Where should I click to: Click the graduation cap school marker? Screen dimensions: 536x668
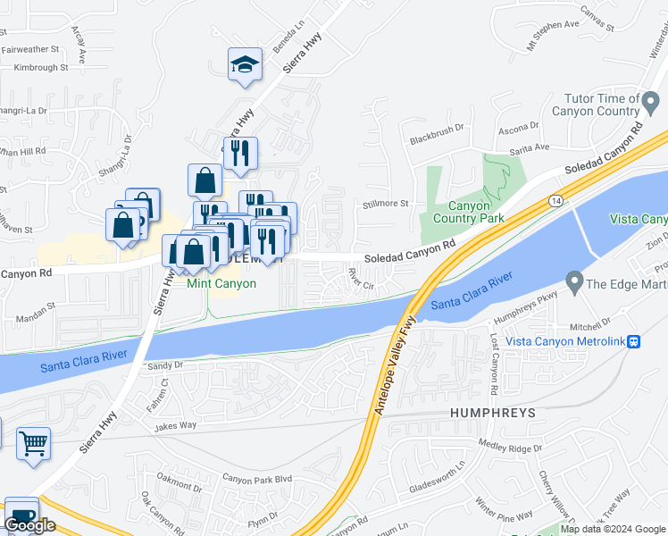coord(245,64)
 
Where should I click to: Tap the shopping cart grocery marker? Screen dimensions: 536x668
coord(33,443)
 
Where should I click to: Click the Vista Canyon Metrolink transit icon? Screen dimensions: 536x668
coord(634,341)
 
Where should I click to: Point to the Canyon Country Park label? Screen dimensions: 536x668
coord(468,212)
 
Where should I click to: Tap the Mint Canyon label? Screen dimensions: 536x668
coord(221,284)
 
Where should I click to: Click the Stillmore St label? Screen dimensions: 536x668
coord(385,204)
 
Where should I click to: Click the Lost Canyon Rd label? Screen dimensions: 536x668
coord(494,364)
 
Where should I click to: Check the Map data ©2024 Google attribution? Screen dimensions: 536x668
coord(613,529)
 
